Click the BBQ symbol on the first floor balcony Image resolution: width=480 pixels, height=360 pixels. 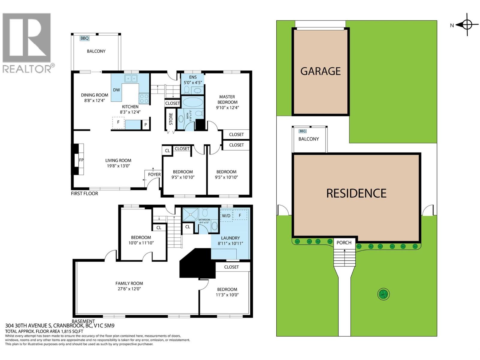point(85,38)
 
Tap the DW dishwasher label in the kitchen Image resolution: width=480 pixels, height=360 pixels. point(116,90)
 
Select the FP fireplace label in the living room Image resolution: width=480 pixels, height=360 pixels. point(81,160)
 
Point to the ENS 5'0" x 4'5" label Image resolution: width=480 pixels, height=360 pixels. point(193,80)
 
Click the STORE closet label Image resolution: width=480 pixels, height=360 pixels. point(171,119)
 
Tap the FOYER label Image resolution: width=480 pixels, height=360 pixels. point(154,174)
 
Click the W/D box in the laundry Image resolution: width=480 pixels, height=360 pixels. point(226,216)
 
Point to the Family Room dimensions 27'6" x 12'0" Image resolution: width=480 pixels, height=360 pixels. point(129,289)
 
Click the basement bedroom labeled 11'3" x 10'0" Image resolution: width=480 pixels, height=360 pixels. point(227,292)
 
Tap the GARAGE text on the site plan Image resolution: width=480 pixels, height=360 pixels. point(320,71)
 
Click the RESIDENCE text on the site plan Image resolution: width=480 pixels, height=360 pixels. point(356,193)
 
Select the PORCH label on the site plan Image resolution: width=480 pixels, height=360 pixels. point(344,243)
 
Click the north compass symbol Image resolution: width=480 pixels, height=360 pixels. point(467,25)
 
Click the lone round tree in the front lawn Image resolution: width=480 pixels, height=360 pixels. point(383,294)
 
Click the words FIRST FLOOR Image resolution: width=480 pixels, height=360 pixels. point(84,193)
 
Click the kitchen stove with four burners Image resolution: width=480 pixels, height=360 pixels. point(144,99)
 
